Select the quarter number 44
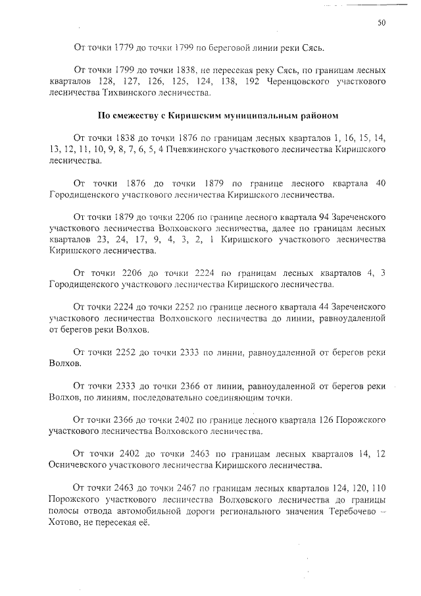(x=312, y=308)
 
